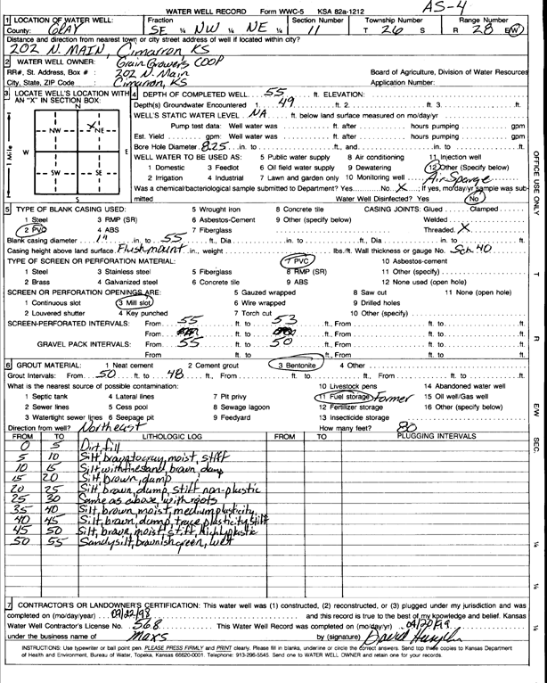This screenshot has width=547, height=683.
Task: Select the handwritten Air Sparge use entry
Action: [x=455, y=177]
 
